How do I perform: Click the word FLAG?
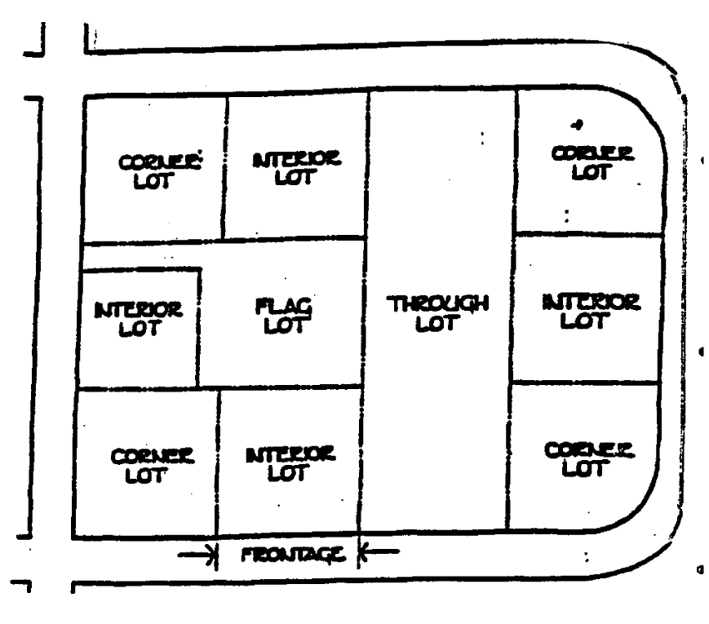(x=285, y=308)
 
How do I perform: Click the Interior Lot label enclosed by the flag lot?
(x=138, y=321)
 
